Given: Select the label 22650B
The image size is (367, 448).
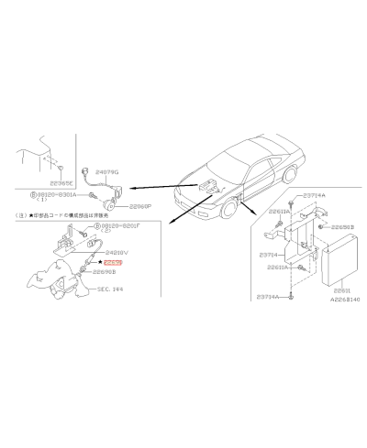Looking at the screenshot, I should pyautogui.click(x=342, y=226).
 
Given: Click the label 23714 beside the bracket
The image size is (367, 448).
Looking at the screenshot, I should pyautogui.click(x=267, y=254).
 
